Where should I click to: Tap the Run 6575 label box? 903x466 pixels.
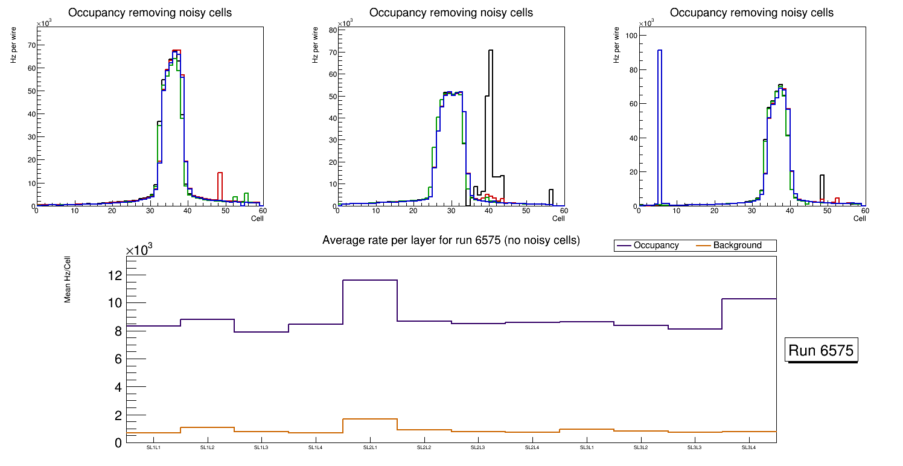click(822, 350)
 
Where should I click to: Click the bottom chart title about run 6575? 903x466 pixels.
click(451, 240)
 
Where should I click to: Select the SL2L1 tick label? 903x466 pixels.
click(369, 448)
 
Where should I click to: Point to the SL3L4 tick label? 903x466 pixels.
click(748, 448)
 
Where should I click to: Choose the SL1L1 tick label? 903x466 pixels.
click(153, 448)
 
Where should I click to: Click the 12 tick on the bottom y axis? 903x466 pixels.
click(114, 275)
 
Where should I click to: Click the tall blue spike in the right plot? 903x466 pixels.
click(660, 121)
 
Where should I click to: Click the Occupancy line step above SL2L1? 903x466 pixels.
click(369, 280)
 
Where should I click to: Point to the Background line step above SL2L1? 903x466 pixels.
click(369, 419)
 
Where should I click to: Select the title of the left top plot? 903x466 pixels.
click(150, 13)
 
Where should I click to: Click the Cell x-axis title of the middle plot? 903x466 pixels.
click(558, 219)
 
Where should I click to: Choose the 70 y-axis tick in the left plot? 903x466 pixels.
click(31, 45)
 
